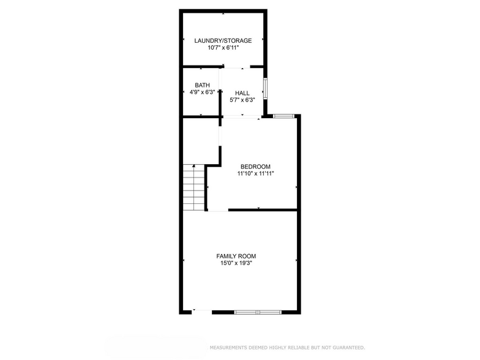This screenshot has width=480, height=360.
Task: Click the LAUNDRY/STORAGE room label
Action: pyautogui.click(x=223, y=40)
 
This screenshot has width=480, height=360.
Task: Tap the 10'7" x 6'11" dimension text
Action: pyautogui.click(x=223, y=47)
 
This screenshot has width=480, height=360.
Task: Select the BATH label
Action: pyautogui.click(x=202, y=85)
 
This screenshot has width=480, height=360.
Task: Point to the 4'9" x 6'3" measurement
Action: pyautogui.click(x=202, y=92)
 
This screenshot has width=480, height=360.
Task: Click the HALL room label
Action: pyautogui.click(x=242, y=93)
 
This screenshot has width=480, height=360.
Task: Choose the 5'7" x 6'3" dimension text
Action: pyautogui.click(x=242, y=100)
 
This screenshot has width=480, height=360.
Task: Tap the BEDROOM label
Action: pyautogui.click(x=255, y=167)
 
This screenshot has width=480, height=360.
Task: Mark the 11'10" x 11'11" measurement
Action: pyautogui.click(x=255, y=173)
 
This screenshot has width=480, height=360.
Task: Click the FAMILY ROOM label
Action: pyautogui.click(x=236, y=256)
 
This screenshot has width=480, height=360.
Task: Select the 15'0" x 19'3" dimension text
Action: pyautogui.click(x=236, y=263)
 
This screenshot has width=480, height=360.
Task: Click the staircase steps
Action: pyautogui.click(x=193, y=187)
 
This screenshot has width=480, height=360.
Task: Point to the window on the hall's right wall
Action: pyautogui.click(x=265, y=88)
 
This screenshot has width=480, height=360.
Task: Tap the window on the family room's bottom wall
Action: pyautogui.click(x=258, y=312)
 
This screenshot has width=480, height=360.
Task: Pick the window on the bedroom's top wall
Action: pyautogui.click(x=283, y=115)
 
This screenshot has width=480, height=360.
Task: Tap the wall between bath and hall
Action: pyautogui.click(x=220, y=92)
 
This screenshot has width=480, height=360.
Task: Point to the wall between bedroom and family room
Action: pyautogui.click(x=263, y=210)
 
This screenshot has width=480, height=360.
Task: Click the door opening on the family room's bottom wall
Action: pyautogui.click(x=202, y=312)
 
